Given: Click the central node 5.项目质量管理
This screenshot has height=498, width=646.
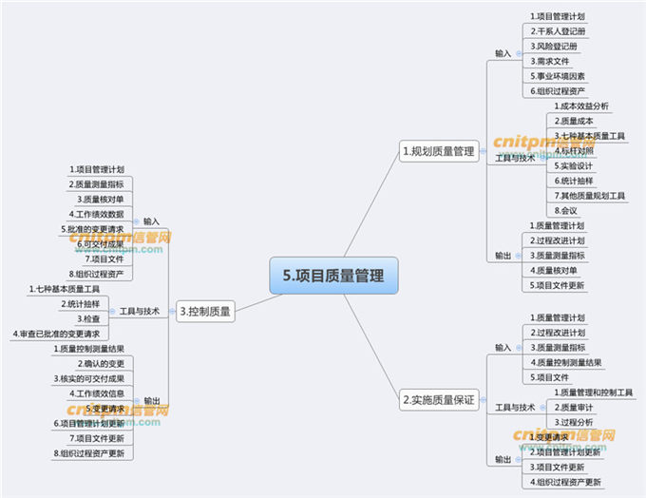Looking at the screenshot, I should click(x=333, y=276).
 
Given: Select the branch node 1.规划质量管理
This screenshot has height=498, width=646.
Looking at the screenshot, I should click(x=438, y=150).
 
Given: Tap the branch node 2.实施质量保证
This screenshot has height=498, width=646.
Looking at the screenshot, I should click(x=437, y=400).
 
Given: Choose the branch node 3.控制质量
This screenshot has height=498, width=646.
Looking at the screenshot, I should click(x=205, y=310).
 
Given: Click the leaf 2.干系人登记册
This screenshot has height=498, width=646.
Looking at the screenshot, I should click(x=558, y=31).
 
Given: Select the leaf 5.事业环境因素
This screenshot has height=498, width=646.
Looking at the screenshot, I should click(x=558, y=76).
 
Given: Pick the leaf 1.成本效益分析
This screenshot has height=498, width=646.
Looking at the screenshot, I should click(x=582, y=105).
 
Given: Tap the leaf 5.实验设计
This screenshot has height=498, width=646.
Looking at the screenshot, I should click(x=573, y=165).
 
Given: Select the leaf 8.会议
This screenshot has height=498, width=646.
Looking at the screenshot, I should click(x=566, y=210).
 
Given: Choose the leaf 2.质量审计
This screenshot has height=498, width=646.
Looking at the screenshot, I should click(x=575, y=407).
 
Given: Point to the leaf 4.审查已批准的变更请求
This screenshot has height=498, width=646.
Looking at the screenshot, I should click(x=57, y=334).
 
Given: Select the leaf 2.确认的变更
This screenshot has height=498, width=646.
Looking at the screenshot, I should click(x=101, y=363).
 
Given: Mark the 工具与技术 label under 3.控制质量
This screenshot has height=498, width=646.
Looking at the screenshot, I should click(x=140, y=311).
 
